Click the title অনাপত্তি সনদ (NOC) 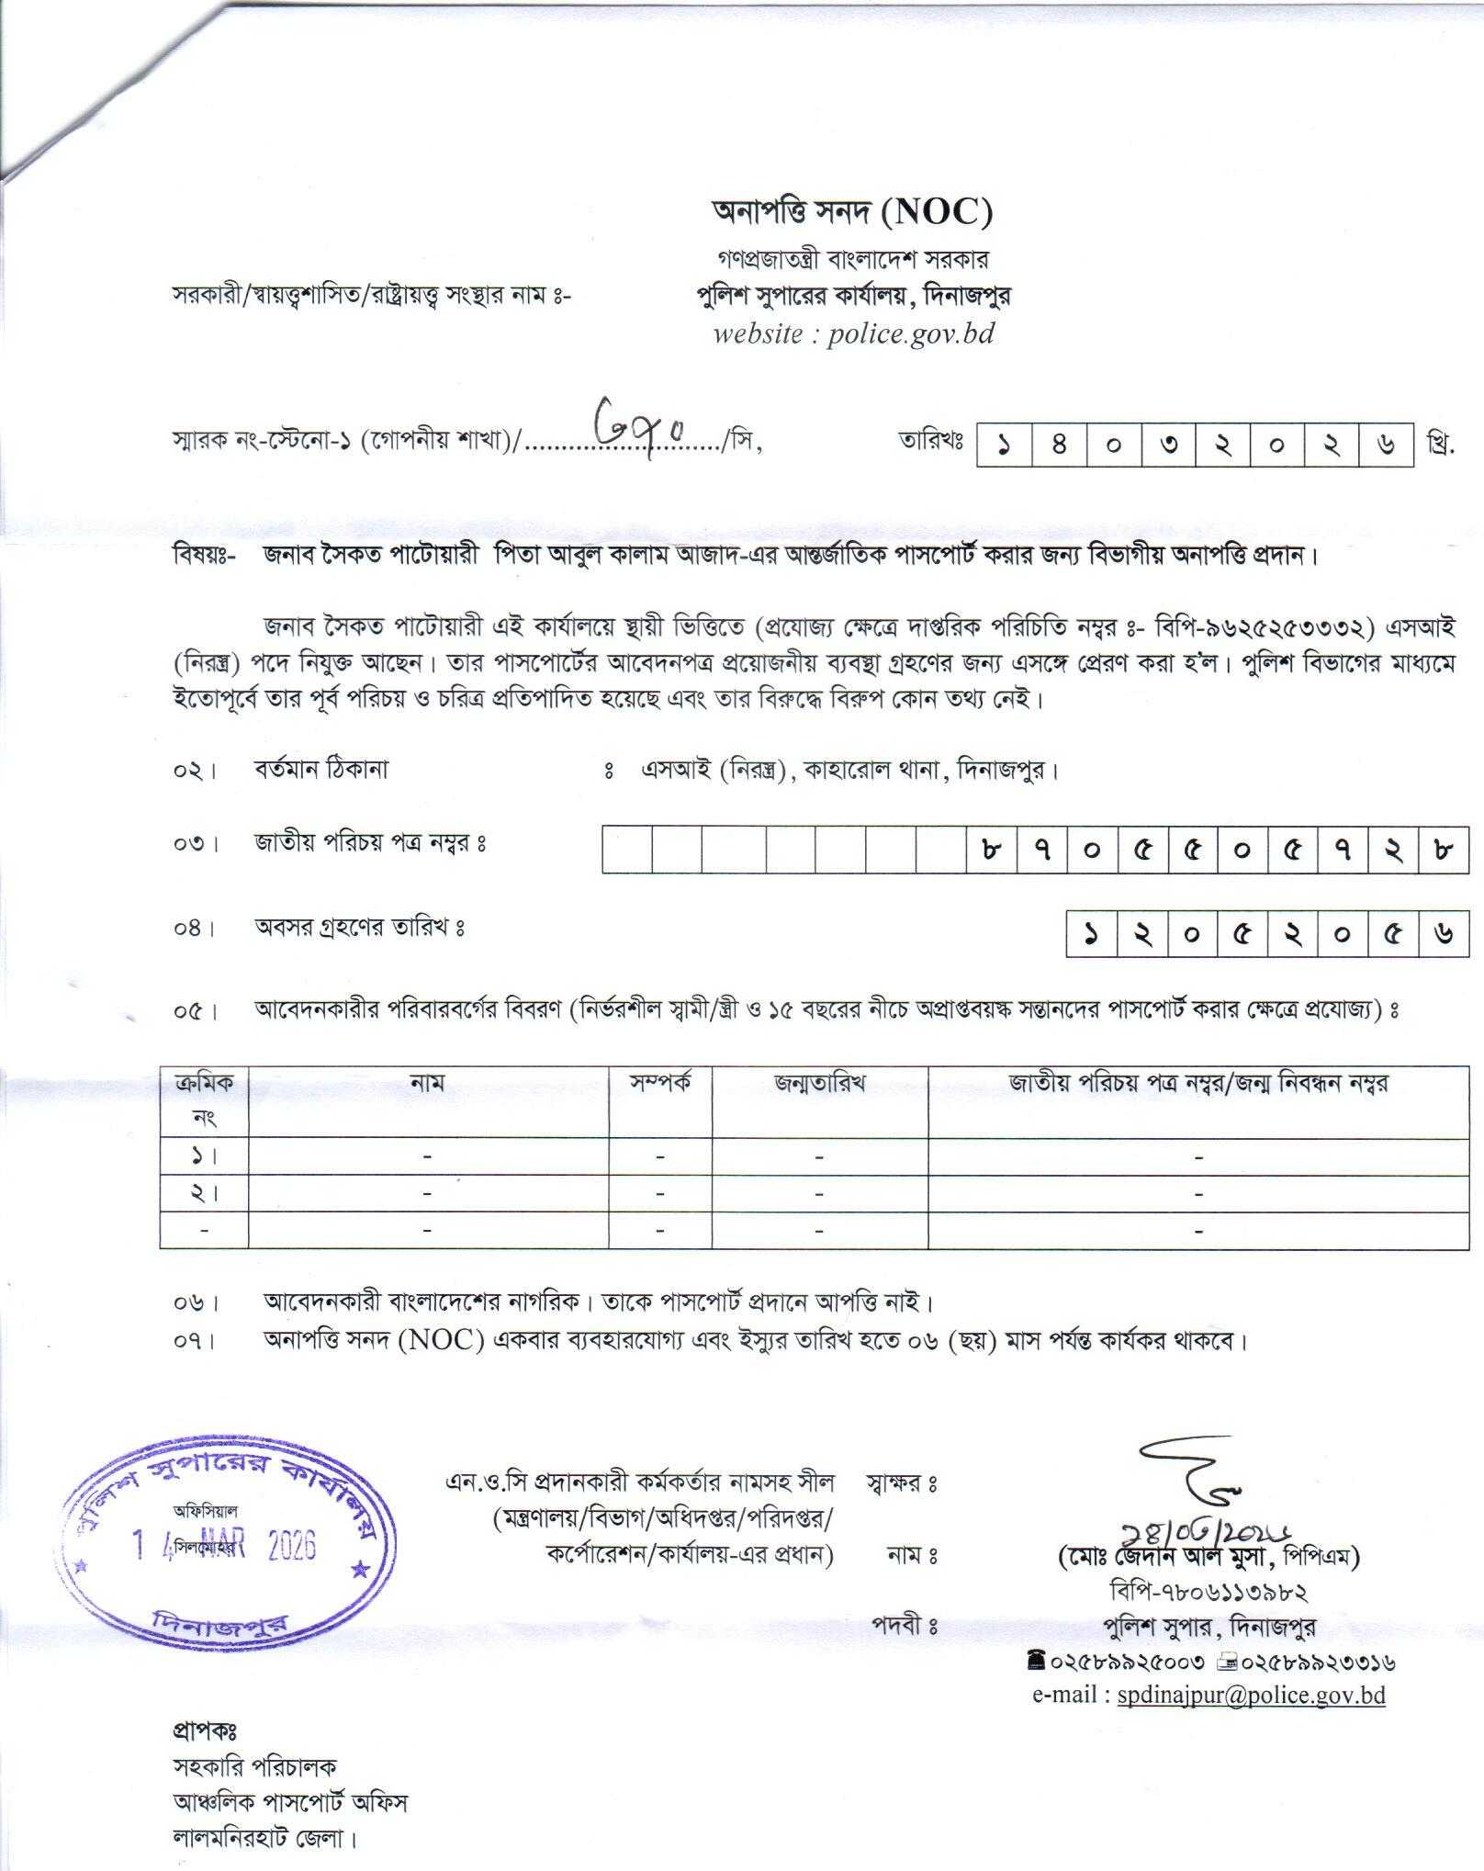point(853,212)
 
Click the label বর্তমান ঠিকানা point(321,769)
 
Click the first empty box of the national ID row point(627,848)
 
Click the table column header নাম point(427,1084)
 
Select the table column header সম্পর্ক point(660,1084)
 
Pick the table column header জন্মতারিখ point(819,1084)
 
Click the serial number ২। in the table point(204,1193)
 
